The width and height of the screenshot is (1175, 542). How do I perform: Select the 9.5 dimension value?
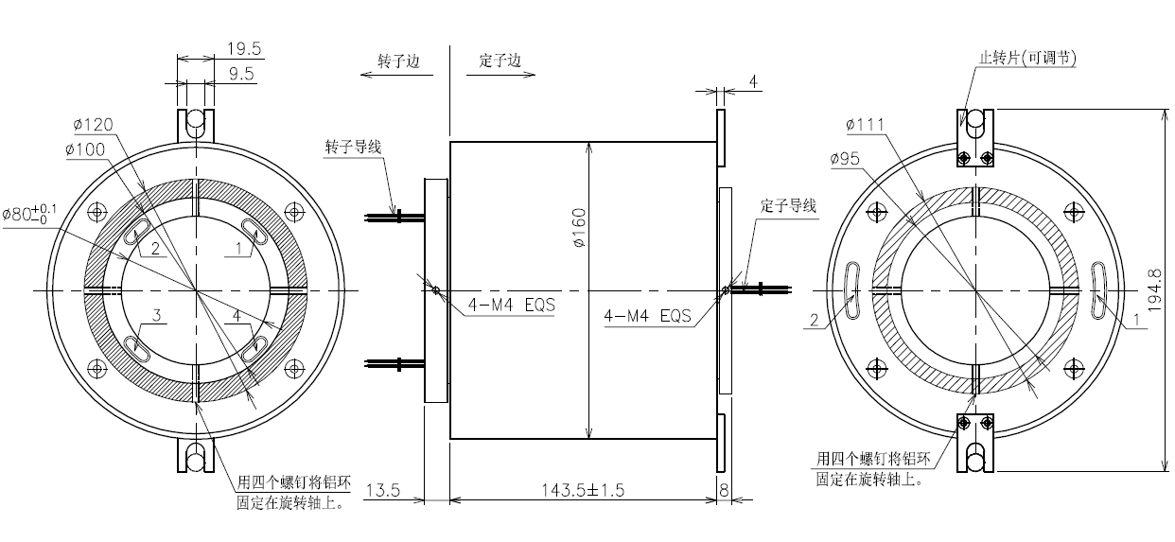(242, 74)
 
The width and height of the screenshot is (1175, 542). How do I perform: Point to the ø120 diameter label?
(93, 125)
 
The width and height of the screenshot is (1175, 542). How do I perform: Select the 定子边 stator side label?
(500, 61)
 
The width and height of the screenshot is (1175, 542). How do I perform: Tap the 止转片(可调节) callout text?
(1026, 58)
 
